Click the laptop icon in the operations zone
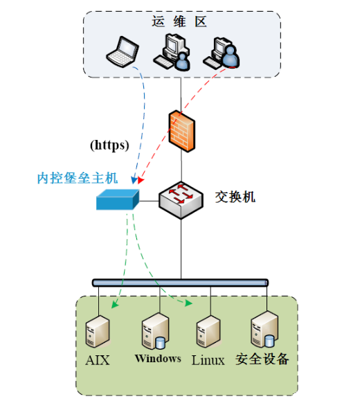click(x=123, y=52)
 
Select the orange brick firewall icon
click(x=182, y=131)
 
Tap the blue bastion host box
click(x=118, y=199)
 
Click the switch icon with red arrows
click(x=181, y=200)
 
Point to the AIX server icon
click(x=98, y=332)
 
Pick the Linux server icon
click(x=208, y=332)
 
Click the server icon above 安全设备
click(x=264, y=330)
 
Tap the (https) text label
click(x=109, y=145)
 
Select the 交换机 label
click(x=235, y=197)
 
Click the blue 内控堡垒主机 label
click(x=78, y=178)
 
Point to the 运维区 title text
click(x=179, y=21)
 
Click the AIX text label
click(x=98, y=360)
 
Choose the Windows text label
click(x=158, y=359)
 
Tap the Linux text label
click(x=208, y=360)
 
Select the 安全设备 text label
click(x=262, y=359)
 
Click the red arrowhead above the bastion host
click(x=141, y=180)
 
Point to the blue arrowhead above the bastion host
click(x=134, y=180)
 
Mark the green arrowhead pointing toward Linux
click(x=189, y=303)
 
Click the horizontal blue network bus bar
click(x=180, y=283)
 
